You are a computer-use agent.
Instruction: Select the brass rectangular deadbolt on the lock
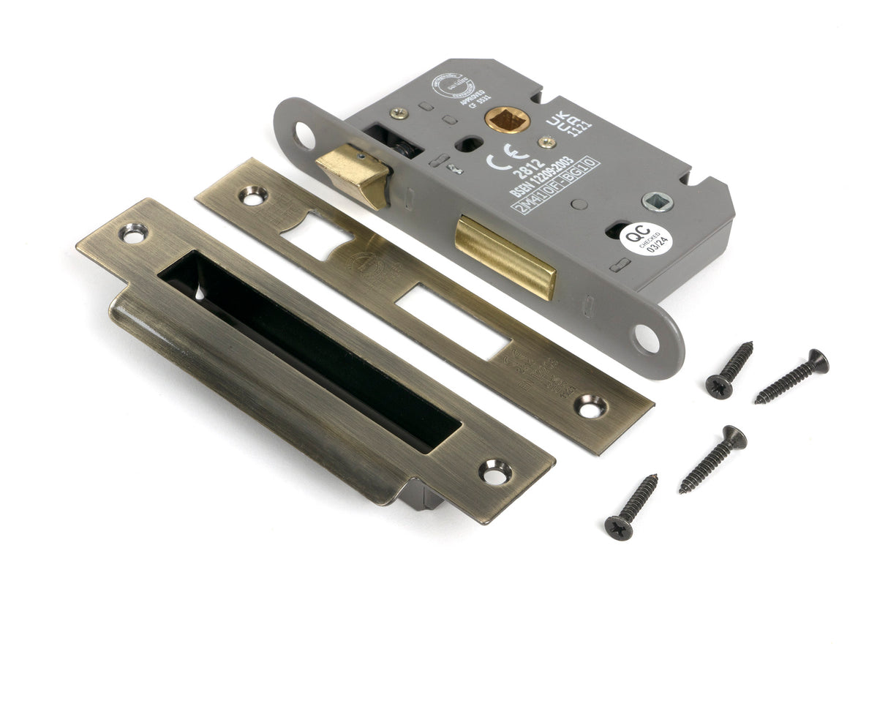coord(505,255)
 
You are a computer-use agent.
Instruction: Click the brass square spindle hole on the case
coord(507,119)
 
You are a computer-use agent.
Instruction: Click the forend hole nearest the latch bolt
coord(304,136)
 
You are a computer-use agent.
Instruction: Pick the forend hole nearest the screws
coord(646,338)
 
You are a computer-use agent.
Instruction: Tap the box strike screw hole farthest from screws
coord(134,233)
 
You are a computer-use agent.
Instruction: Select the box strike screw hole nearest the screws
coord(495,472)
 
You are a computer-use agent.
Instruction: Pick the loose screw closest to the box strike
coord(631,507)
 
